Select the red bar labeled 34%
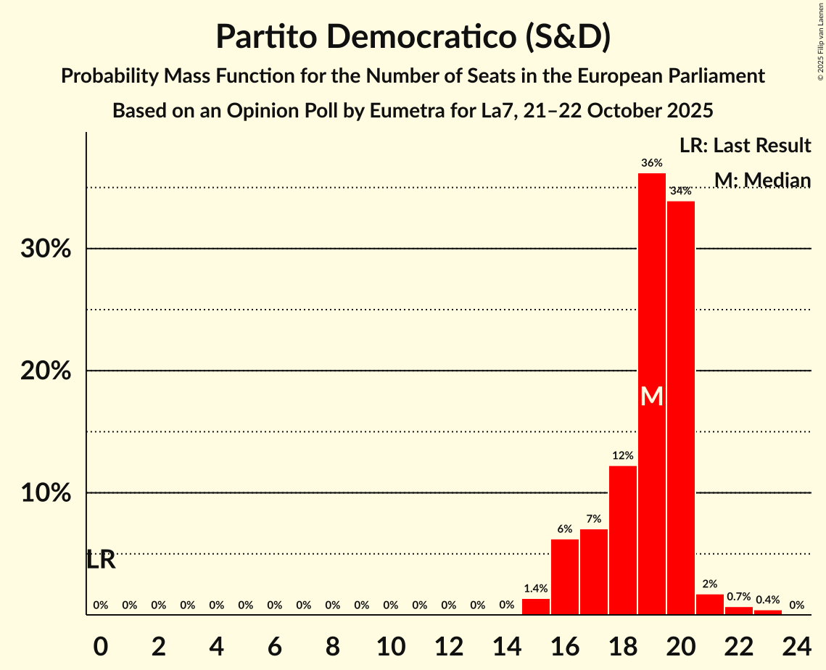(x=680, y=406)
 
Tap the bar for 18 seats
(x=622, y=540)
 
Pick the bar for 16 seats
(x=564, y=576)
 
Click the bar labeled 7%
(x=593, y=571)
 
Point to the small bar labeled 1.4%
(x=535, y=606)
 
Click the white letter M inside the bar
(x=651, y=396)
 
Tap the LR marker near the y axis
(x=101, y=560)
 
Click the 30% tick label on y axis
(x=46, y=249)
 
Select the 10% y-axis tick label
(x=46, y=493)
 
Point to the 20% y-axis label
(x=46, y=371)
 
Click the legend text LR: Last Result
(x=745, y=146)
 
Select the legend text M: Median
(x=761, y=180)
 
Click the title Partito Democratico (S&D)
(x=413, y=36)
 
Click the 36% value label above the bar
(x=651, y=163)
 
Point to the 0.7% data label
(x=738, y=596)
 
